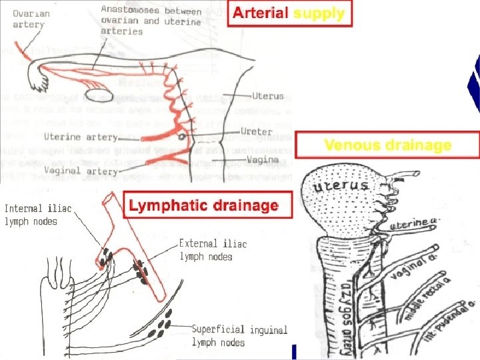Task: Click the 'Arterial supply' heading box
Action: [x=289, y=13]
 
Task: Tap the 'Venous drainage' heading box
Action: [x=387, y=145]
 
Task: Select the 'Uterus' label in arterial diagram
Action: [x=267, y=97]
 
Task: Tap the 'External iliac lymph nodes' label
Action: [x=213, y=249]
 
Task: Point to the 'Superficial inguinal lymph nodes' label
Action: [x=239, y=336]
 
